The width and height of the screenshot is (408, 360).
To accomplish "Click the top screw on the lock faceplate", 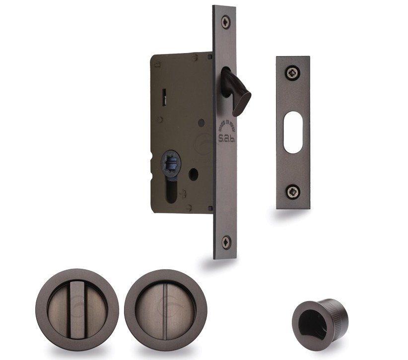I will [226, 21].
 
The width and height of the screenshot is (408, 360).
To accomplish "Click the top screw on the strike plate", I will [292, 73].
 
